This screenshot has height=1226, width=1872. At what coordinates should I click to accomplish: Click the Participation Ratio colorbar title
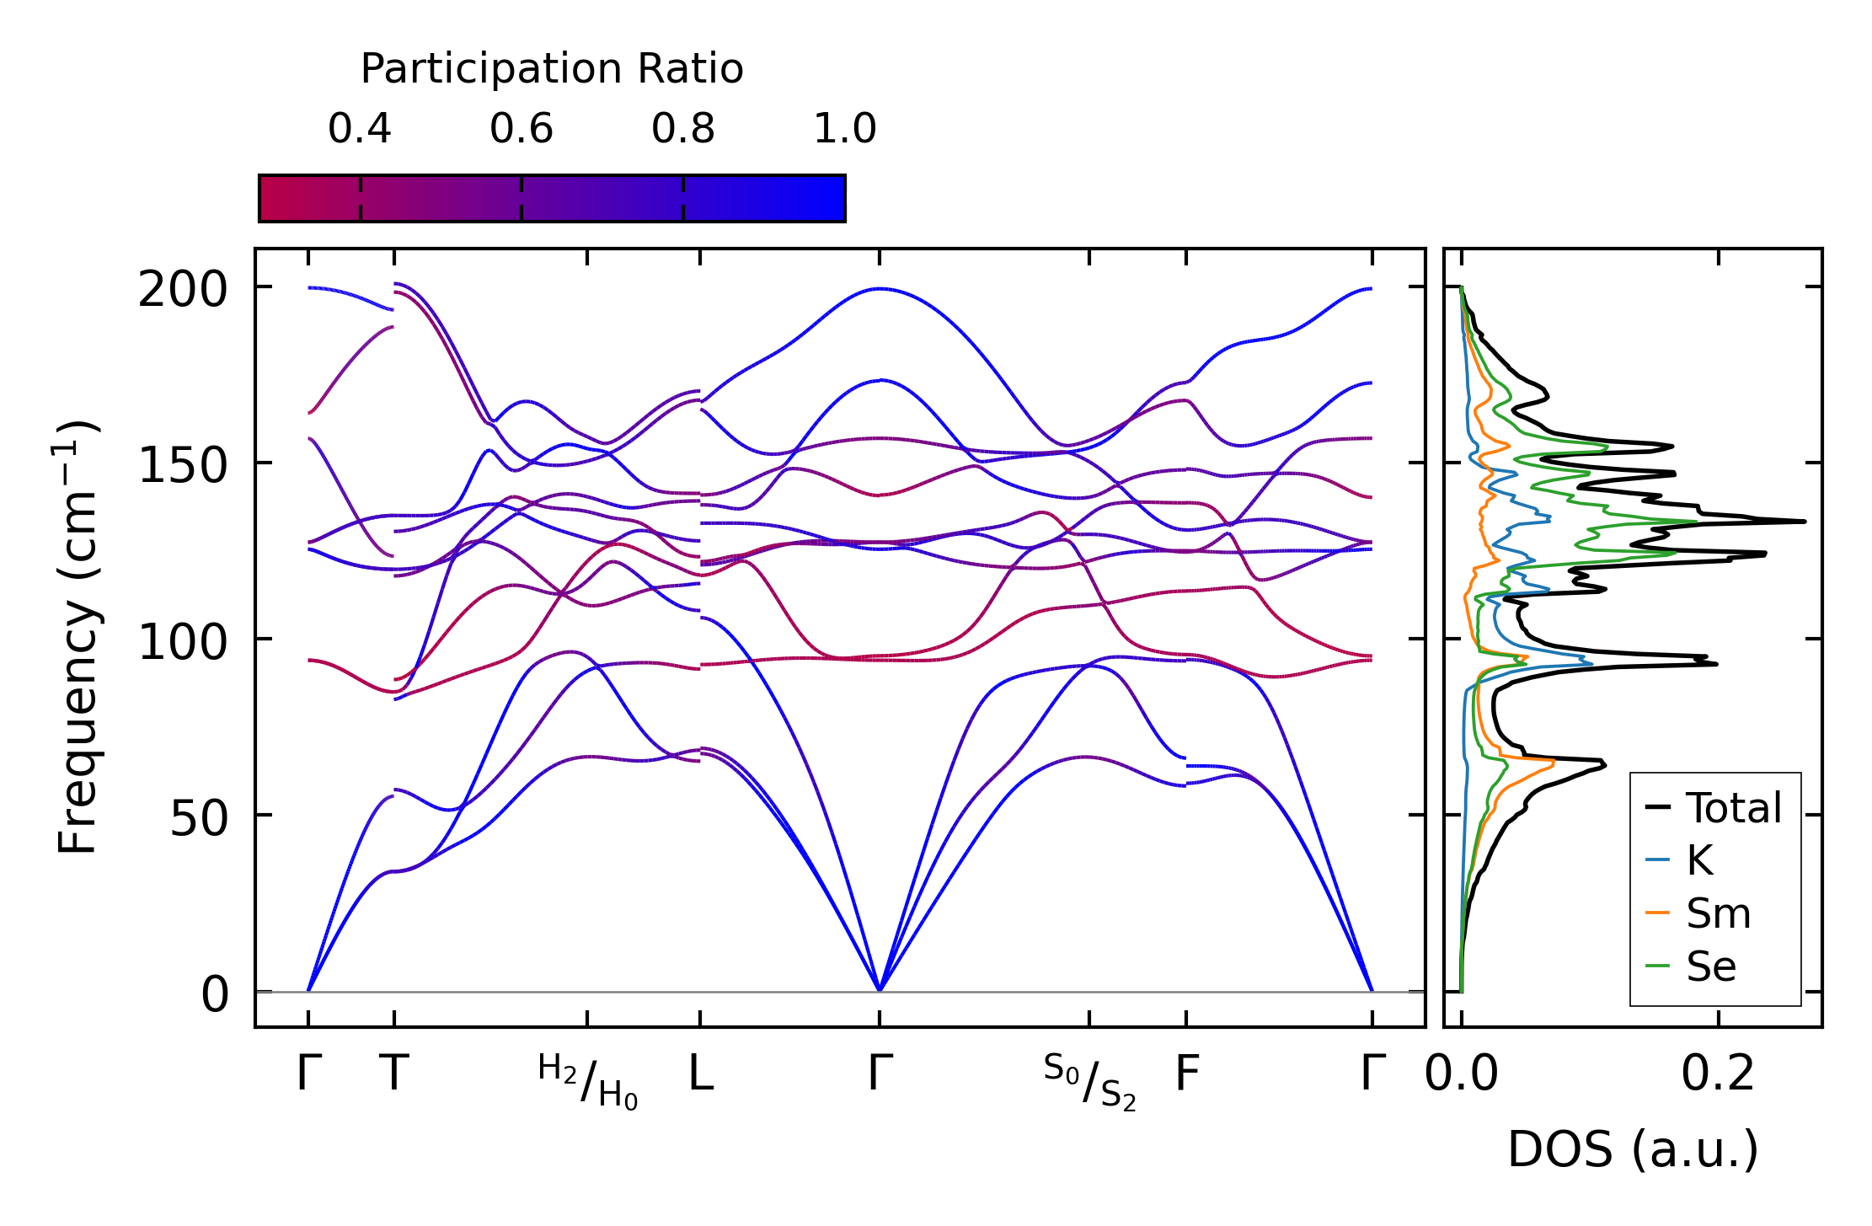[552, 69]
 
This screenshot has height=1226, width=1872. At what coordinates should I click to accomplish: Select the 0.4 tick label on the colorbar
[360, 129]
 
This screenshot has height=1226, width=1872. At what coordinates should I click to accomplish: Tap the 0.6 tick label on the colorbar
[521, 129]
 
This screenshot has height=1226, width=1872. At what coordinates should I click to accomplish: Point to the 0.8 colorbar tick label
[683, 129]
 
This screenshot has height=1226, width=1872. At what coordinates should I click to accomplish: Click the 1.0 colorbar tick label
[845, 129]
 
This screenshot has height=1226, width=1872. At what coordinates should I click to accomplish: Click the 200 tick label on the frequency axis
[183, 291]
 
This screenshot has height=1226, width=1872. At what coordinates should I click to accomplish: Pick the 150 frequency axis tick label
[183, 466]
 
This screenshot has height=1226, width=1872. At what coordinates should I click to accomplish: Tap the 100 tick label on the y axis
[183, 643]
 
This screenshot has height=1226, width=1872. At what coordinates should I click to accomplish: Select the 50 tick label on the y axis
[199, 818]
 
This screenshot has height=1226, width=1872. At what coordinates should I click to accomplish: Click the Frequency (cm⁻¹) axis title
[78, 636]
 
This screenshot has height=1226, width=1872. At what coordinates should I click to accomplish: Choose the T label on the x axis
[394, 1074]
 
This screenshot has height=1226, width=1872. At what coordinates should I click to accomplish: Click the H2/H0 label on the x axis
[588, 1081]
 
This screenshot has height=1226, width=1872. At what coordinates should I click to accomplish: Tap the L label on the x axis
[701, 1074]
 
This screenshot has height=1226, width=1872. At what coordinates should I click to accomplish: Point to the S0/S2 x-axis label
[1089, 1081]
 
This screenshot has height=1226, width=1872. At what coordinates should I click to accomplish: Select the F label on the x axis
[1186, 1074]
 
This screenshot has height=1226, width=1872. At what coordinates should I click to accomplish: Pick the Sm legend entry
[1718, 913]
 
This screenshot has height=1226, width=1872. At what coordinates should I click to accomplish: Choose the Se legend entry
[1711, 966]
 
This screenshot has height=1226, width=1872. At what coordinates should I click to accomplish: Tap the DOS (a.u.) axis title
[1633, 1150]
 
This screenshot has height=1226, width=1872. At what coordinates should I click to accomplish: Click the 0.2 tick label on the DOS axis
[1718, 1074]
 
